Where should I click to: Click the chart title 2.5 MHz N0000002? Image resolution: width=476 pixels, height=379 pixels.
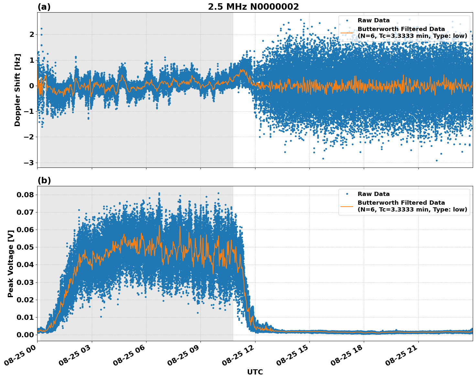tap(253, 7)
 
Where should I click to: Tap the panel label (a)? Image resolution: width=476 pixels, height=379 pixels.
tap(44, 7)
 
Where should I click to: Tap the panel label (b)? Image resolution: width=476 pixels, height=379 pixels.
tap(44, 180)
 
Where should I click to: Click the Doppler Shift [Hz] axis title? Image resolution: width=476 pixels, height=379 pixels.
tap(17, 90)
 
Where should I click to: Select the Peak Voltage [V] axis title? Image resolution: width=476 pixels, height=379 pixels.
tap(11, 264)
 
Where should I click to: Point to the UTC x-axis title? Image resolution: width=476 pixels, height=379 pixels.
tap(255, 372)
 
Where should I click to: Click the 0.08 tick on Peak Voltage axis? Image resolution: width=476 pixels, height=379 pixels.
tap(25, 195)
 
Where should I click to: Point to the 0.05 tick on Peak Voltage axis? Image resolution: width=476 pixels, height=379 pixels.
tap(25, 247)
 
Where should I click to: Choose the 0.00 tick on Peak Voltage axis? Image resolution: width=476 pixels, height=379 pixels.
tap(25, 335)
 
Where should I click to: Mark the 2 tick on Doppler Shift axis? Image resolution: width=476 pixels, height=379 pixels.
tap(32, 34)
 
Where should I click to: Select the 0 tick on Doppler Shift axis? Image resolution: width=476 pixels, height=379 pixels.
tap(32, 86)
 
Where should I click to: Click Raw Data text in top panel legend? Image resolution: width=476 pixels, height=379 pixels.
tap(373, 20)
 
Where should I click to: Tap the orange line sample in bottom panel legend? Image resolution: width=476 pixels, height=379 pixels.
tap(347, 206)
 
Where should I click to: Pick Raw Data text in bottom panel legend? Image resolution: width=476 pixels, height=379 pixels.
tap(373, 194)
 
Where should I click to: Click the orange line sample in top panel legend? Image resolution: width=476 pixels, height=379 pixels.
tap(347, 33)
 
